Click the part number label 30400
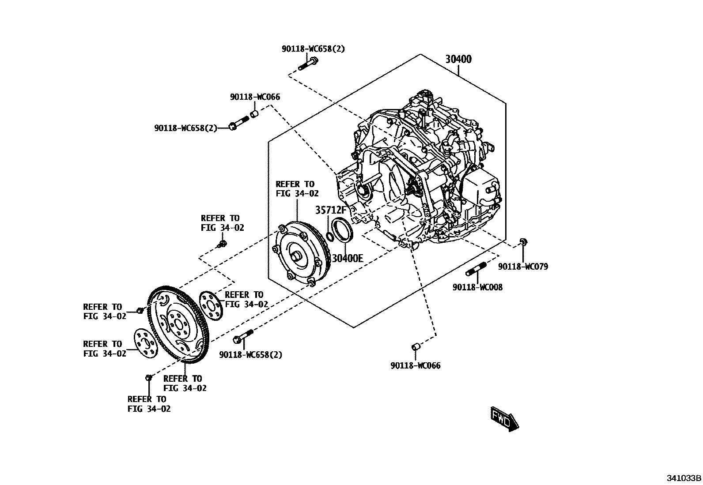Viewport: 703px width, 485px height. (x=458, y=59)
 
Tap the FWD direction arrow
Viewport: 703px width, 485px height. (x=504, y=419)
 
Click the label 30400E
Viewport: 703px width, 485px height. (x=347, y=259)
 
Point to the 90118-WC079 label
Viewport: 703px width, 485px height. (x=523, y=267)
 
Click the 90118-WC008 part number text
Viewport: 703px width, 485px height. (x=477, y=287)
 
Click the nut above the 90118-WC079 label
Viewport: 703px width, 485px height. (x=523, y=241)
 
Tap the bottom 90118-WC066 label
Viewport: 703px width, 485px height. (x=415, y=365)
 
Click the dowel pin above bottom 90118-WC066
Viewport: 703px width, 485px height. (x=415, y=346)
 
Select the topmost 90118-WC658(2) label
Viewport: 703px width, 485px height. (x=313, y=49)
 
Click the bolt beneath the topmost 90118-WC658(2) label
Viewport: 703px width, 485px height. (x=308, y=64)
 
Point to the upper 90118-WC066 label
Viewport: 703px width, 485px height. (x=255, y=97)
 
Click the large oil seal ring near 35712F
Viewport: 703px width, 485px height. (x=343, y=229)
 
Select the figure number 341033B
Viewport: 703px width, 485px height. (x=684, y=478)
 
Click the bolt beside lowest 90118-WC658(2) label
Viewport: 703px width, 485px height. (x=242, y=336)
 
